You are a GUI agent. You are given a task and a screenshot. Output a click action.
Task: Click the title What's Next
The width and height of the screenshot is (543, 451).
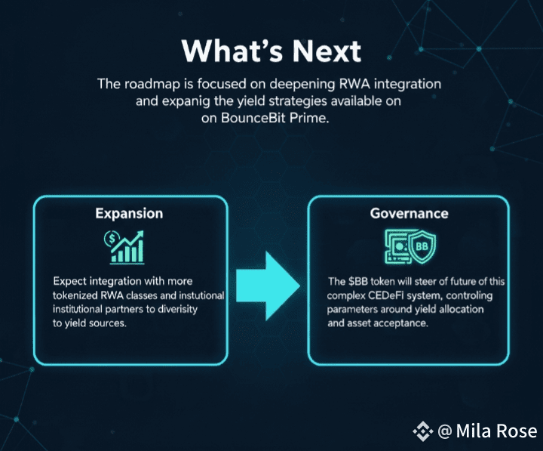pyautogui.click(x=271, y=51)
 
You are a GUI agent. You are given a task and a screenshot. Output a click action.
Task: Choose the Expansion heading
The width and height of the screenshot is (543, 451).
pyautogui.click(x=129, y=213)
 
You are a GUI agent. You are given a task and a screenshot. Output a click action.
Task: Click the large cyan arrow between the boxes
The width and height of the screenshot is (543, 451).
pyautogui.click(x=268, y=279)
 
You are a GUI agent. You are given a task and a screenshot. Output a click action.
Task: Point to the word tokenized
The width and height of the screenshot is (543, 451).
pyautogui.click(x=78, y=295)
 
